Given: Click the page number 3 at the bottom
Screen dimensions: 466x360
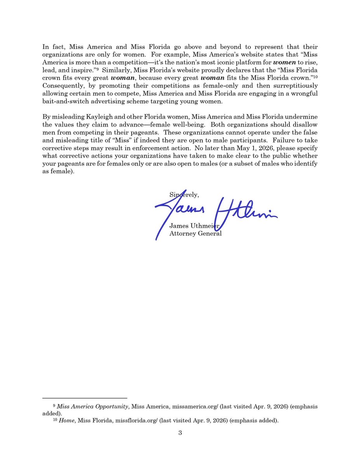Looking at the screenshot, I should click(180, 433).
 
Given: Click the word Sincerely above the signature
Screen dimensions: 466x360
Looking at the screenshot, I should click(184, 195).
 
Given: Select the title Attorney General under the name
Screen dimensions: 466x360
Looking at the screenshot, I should click(195, 233).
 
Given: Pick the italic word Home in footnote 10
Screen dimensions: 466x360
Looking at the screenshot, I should click(67, 421).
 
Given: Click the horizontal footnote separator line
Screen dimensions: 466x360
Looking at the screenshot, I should click(85, 398).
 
